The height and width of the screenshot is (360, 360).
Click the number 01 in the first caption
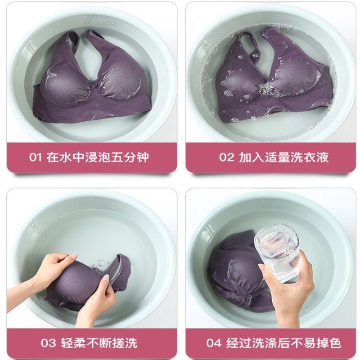click(36, 157)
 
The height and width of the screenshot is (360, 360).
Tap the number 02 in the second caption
click(226, 157)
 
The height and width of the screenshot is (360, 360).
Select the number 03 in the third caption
click(48, 343)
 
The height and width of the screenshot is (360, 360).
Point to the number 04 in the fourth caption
click(214, 343)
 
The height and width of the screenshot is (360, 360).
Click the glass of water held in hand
click(277, 252)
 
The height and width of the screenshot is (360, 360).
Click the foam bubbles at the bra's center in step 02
click(266, 89)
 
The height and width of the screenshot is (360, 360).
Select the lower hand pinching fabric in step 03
click(96, 296)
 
